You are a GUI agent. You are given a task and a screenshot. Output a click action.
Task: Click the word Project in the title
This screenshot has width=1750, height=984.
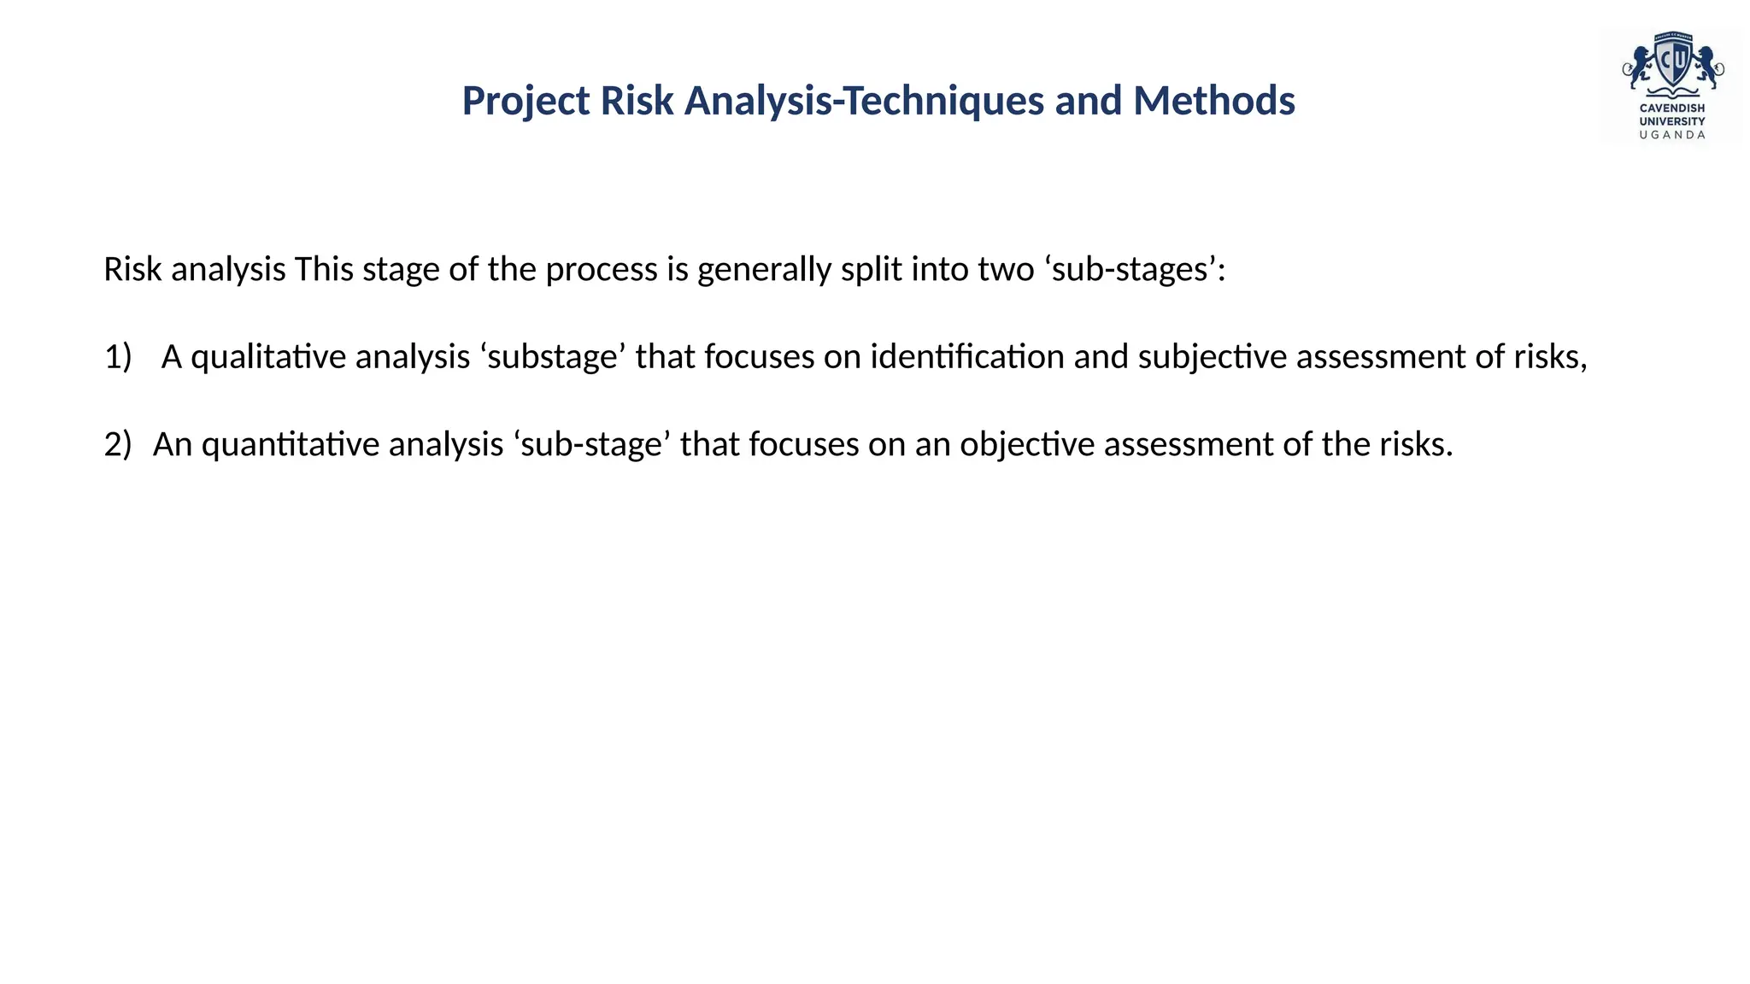click(x=526, y=102)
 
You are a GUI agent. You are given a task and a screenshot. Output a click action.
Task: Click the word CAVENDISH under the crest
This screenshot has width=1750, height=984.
click(x=1671, y=108)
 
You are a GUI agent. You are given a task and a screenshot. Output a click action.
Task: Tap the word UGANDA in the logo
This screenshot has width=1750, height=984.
click(x=1671, y=135)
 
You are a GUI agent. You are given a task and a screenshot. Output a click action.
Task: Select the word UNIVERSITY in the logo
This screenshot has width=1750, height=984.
click(x=1671, y=121)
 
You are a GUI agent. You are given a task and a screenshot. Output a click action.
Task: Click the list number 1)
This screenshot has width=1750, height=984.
click(x=118, y=357)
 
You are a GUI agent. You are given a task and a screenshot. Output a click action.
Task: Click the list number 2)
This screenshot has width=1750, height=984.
click(x=118, y=445)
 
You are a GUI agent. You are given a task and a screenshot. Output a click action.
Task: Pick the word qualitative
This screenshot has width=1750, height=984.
click(x=268, y=357)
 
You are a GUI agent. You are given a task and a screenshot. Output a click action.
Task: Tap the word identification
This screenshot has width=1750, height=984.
click(x=966, y=357)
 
